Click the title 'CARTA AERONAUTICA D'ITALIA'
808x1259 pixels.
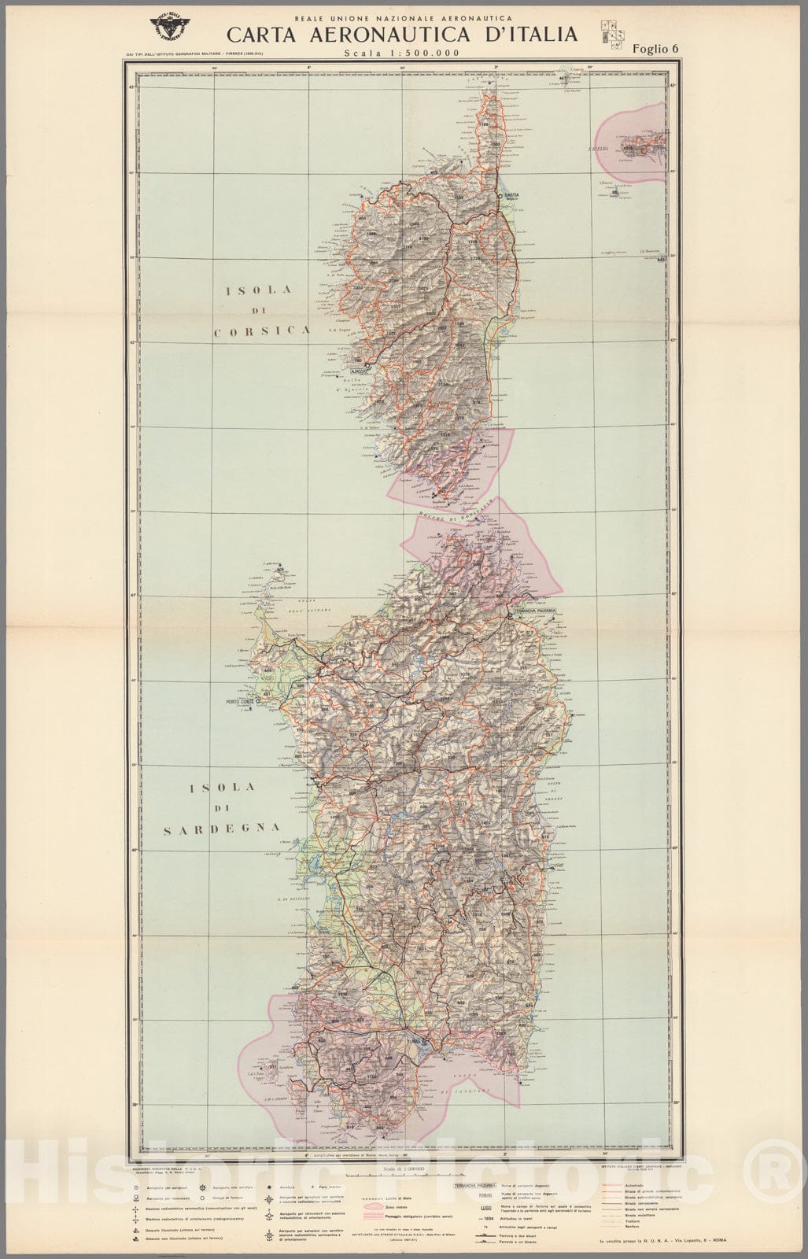[x=402, y=35]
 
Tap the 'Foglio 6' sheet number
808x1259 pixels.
[x=655, y=49]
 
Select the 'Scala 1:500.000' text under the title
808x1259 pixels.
[x=401, y=53]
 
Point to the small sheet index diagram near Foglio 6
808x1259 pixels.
[x=610, y=31]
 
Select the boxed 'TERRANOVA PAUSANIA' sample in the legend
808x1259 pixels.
[x=470, y=1184]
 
